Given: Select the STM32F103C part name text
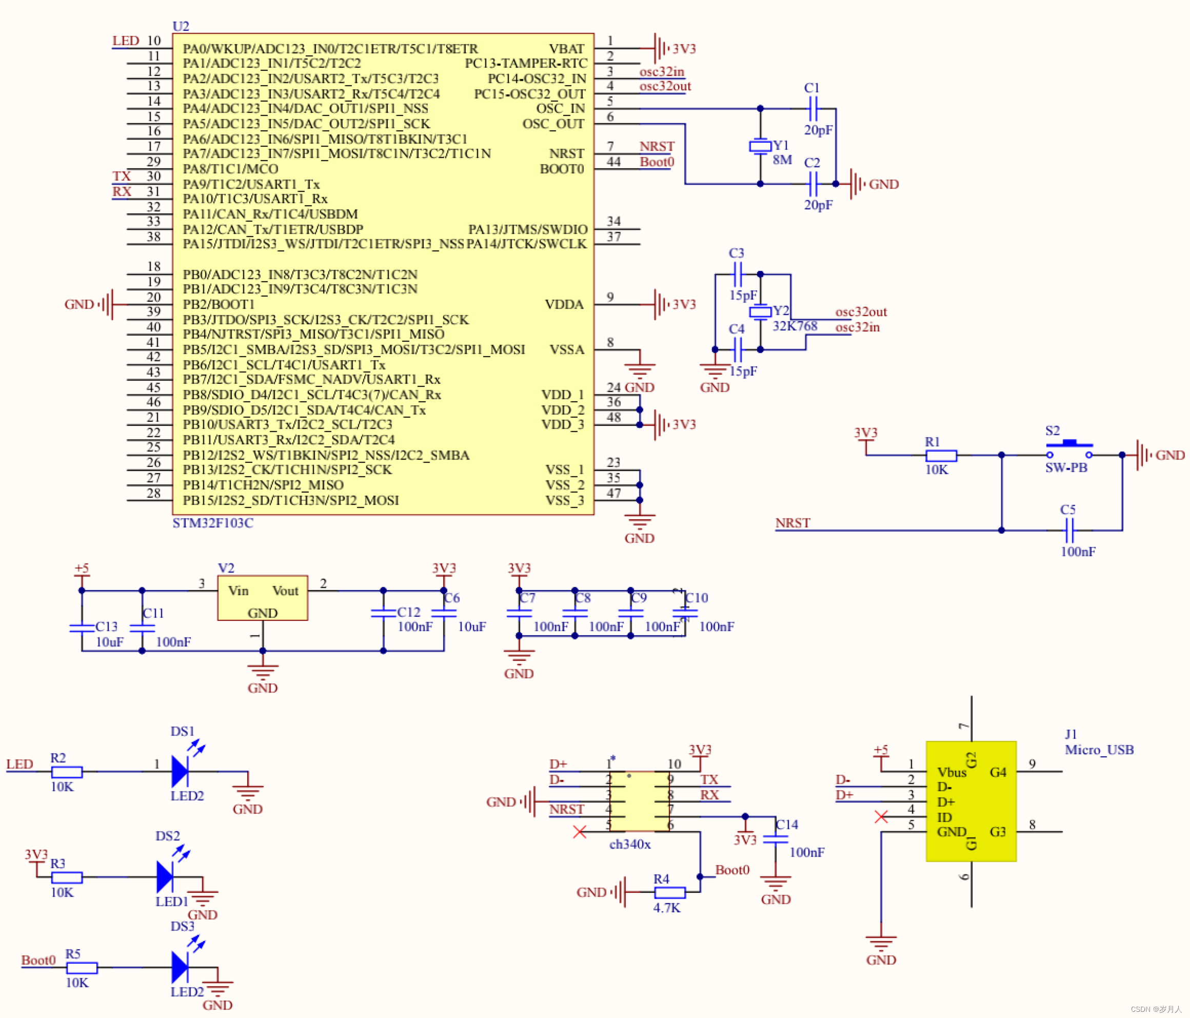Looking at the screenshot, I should pos(212,523).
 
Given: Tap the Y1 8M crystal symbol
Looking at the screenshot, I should pos(760,147).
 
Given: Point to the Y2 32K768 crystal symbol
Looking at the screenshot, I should pos(760,312).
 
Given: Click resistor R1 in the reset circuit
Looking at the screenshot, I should pos(941,456).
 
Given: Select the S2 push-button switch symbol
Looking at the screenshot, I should pos(1069,448).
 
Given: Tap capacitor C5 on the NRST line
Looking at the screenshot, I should pos(1069,530).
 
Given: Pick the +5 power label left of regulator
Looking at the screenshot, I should pos(82,569).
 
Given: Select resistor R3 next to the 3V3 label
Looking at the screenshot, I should pos(67,877).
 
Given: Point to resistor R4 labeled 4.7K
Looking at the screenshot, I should pos(670,892).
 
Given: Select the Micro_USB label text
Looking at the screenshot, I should pos(1099,750).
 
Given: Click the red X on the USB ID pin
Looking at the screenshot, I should pos(881,816).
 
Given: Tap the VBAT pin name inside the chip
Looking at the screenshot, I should pos(566,49).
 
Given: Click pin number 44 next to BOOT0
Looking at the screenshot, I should pos(613,162).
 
